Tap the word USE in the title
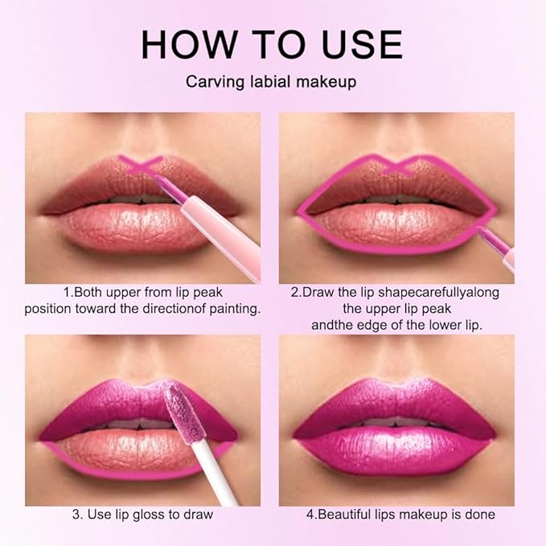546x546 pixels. [359, 45]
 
